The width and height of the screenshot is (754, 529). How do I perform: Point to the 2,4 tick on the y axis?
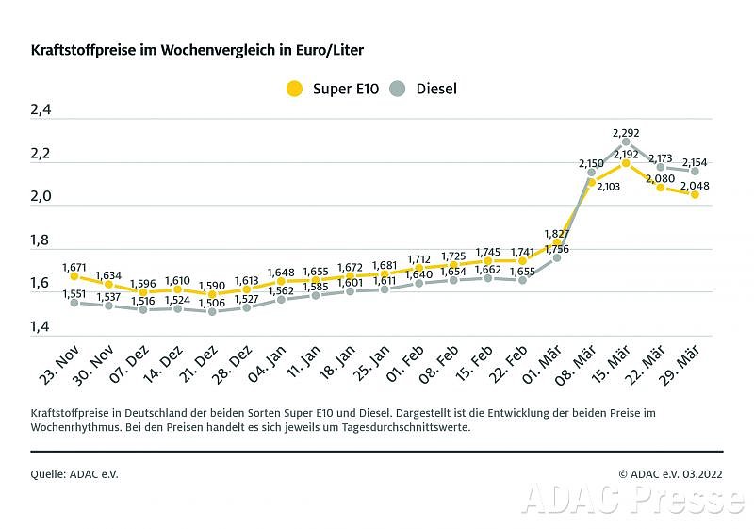[x=41, y=111]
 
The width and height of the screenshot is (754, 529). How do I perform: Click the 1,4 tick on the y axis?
[x=41, y=327]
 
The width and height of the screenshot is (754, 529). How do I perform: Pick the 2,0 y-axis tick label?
[x=41, y=198]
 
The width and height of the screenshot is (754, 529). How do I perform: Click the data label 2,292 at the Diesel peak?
[x=626, y=133]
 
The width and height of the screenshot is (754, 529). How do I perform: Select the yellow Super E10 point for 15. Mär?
[x=626, y=163]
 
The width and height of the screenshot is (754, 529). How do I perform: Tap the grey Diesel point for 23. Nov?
[x=74, y=303]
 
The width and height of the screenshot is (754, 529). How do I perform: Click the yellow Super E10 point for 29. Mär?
[x=695, y=194]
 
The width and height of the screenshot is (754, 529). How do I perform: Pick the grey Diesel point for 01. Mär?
[x=557, y=257]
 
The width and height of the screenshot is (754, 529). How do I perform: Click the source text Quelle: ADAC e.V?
[x=75, y=474]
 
